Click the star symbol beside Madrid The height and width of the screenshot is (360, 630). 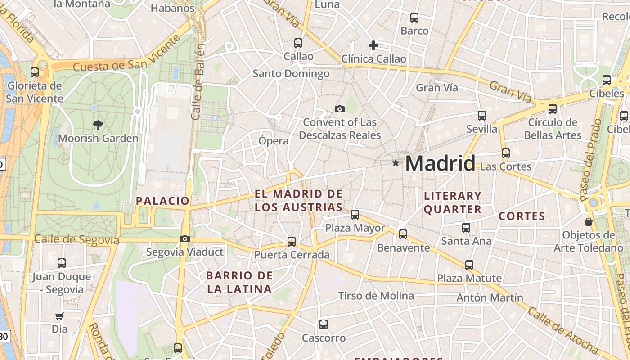[x=396, y=163]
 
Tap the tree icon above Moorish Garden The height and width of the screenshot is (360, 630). [x=98, y=125]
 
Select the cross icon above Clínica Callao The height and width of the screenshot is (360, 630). [x=373, y=45]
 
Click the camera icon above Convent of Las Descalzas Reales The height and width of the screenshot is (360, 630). [x=340, y=109]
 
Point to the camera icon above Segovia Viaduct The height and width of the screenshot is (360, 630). [x=185, y=239]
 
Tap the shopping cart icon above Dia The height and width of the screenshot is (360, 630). [x=59, y=316]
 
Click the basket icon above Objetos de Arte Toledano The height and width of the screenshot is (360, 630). [x=588, y=222]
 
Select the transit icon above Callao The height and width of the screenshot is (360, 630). [x=298, y=43]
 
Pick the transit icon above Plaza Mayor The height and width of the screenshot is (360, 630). [x=355, y=215]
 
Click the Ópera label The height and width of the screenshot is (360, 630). [x=274, y=141]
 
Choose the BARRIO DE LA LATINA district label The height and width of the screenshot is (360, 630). [x=239, y=282]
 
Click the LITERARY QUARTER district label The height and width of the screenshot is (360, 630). [x=453, y=202]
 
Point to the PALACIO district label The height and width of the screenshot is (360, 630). [x=162, y=201]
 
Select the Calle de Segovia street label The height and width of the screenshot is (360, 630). [x=76, y=239]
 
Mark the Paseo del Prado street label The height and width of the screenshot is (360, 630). [x=590, y=160]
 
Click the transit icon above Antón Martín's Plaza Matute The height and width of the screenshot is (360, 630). [x=469, y=265]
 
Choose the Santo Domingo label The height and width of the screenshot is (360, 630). [x=291, y=73]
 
